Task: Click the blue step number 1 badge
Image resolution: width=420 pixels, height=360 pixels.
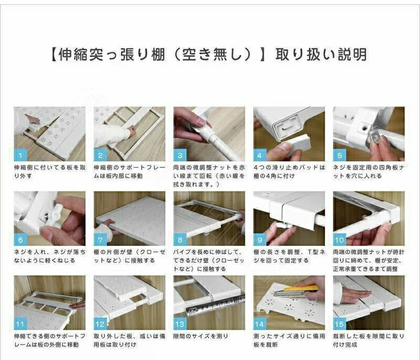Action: point(20,155)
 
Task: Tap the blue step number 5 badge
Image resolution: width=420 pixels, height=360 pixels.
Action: point(340,155)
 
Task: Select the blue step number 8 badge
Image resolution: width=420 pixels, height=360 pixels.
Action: point(180,239)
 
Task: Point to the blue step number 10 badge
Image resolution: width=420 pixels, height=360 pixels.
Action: point(340,239)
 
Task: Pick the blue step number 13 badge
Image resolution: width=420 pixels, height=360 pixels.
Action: point(180,324)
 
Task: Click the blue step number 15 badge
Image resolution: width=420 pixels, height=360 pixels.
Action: point(340,324)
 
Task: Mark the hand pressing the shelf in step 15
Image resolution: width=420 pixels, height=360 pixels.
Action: point(353,294)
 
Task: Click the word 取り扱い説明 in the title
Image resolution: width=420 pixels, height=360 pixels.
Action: point(321,55)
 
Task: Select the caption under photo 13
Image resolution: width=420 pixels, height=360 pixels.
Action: point(201,336)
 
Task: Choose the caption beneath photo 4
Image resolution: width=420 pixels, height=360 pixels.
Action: point(289,171)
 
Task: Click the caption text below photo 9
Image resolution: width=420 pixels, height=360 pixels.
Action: point(289,256)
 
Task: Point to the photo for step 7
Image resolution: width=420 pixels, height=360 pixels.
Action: point(129,218)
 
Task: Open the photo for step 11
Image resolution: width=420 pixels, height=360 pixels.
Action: point(49,303)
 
